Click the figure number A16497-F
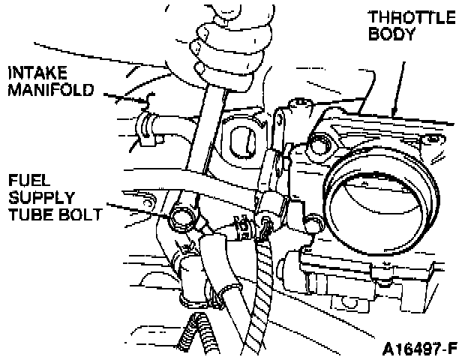pos(418,349)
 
